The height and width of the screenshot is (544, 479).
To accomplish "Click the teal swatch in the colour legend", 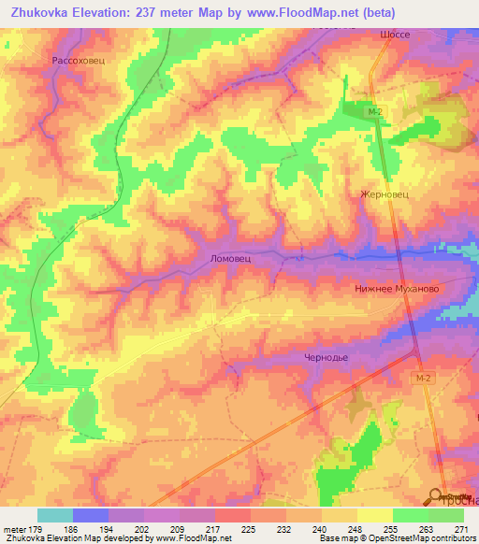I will coord(55,515).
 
